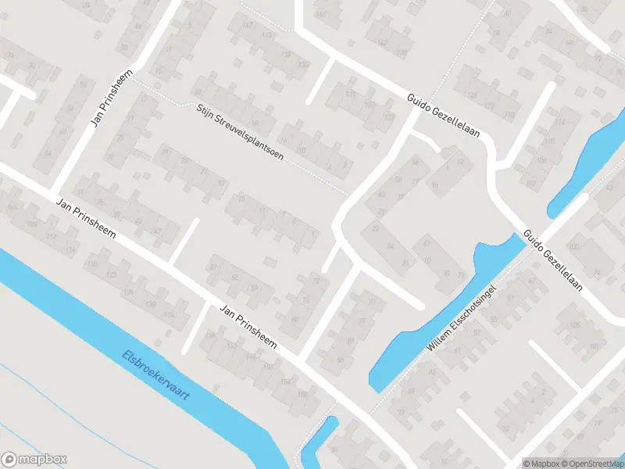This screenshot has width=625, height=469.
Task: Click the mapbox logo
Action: click(34, 460)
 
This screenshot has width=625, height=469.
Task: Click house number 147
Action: click(248, 25)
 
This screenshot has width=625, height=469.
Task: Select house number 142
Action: click(383, 42)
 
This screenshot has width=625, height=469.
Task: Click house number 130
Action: click(150, 303)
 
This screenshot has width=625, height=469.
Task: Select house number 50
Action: click(84, 84)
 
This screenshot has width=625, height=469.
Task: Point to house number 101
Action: click(594, 347)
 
